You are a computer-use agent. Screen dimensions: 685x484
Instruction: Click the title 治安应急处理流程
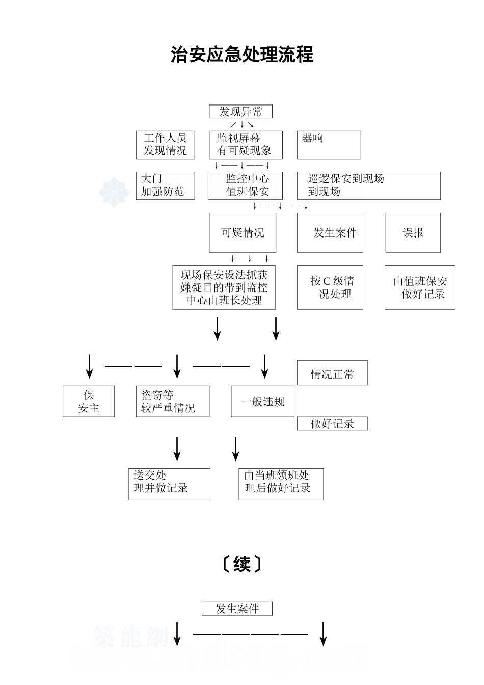click(x=242, y=55)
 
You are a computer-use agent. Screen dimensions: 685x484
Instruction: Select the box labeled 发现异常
click(x=240, y=112)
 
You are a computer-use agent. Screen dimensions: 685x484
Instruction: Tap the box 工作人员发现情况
click(x=165, y=145)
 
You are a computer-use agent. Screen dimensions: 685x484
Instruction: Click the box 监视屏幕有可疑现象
click(x=245, y=145)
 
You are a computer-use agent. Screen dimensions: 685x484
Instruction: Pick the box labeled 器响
click(x=328, y=145)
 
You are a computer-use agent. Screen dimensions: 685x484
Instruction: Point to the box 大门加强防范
click(x=165, y=186)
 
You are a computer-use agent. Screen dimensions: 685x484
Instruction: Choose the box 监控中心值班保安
click(x=245, y=186)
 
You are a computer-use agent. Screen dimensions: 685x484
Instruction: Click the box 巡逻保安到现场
click(x=368, y=186)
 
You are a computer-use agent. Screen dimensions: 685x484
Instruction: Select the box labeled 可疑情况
click(x=243, y=232)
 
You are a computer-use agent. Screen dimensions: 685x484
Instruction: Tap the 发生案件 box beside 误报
click(x=330, y=232)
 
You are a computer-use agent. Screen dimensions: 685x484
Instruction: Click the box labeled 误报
click(x=413, y=232)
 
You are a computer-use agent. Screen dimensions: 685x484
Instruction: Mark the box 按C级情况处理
click(x=330, y=287)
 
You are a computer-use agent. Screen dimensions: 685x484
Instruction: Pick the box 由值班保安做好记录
click(x=420, y=287)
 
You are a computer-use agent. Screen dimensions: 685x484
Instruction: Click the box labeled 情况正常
click(x=332, y=374)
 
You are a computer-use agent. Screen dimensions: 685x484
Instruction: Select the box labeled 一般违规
click(x=262, y=402)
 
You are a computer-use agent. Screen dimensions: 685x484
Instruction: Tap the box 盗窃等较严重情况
click(x=172, y=402)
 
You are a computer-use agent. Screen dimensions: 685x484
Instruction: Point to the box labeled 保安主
click(x=89, y=402)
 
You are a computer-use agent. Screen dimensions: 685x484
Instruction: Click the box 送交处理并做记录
click(x=169, y=484)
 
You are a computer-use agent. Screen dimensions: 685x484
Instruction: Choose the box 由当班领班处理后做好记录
click(x=281, y=484)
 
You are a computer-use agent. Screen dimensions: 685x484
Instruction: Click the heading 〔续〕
click(x=242, y=564)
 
